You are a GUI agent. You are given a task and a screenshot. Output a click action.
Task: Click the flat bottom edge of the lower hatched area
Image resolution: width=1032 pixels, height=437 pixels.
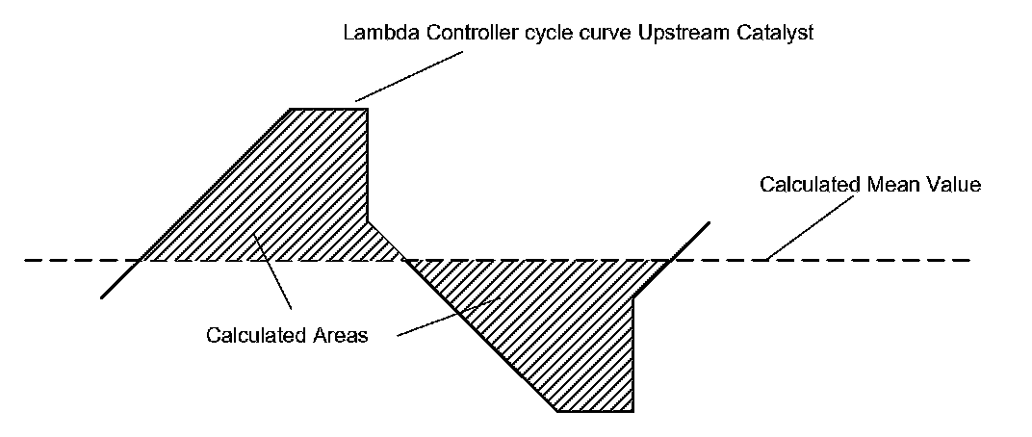point(595,411)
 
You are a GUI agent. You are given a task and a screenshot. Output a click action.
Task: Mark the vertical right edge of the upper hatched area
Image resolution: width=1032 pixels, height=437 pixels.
point(368,164)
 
